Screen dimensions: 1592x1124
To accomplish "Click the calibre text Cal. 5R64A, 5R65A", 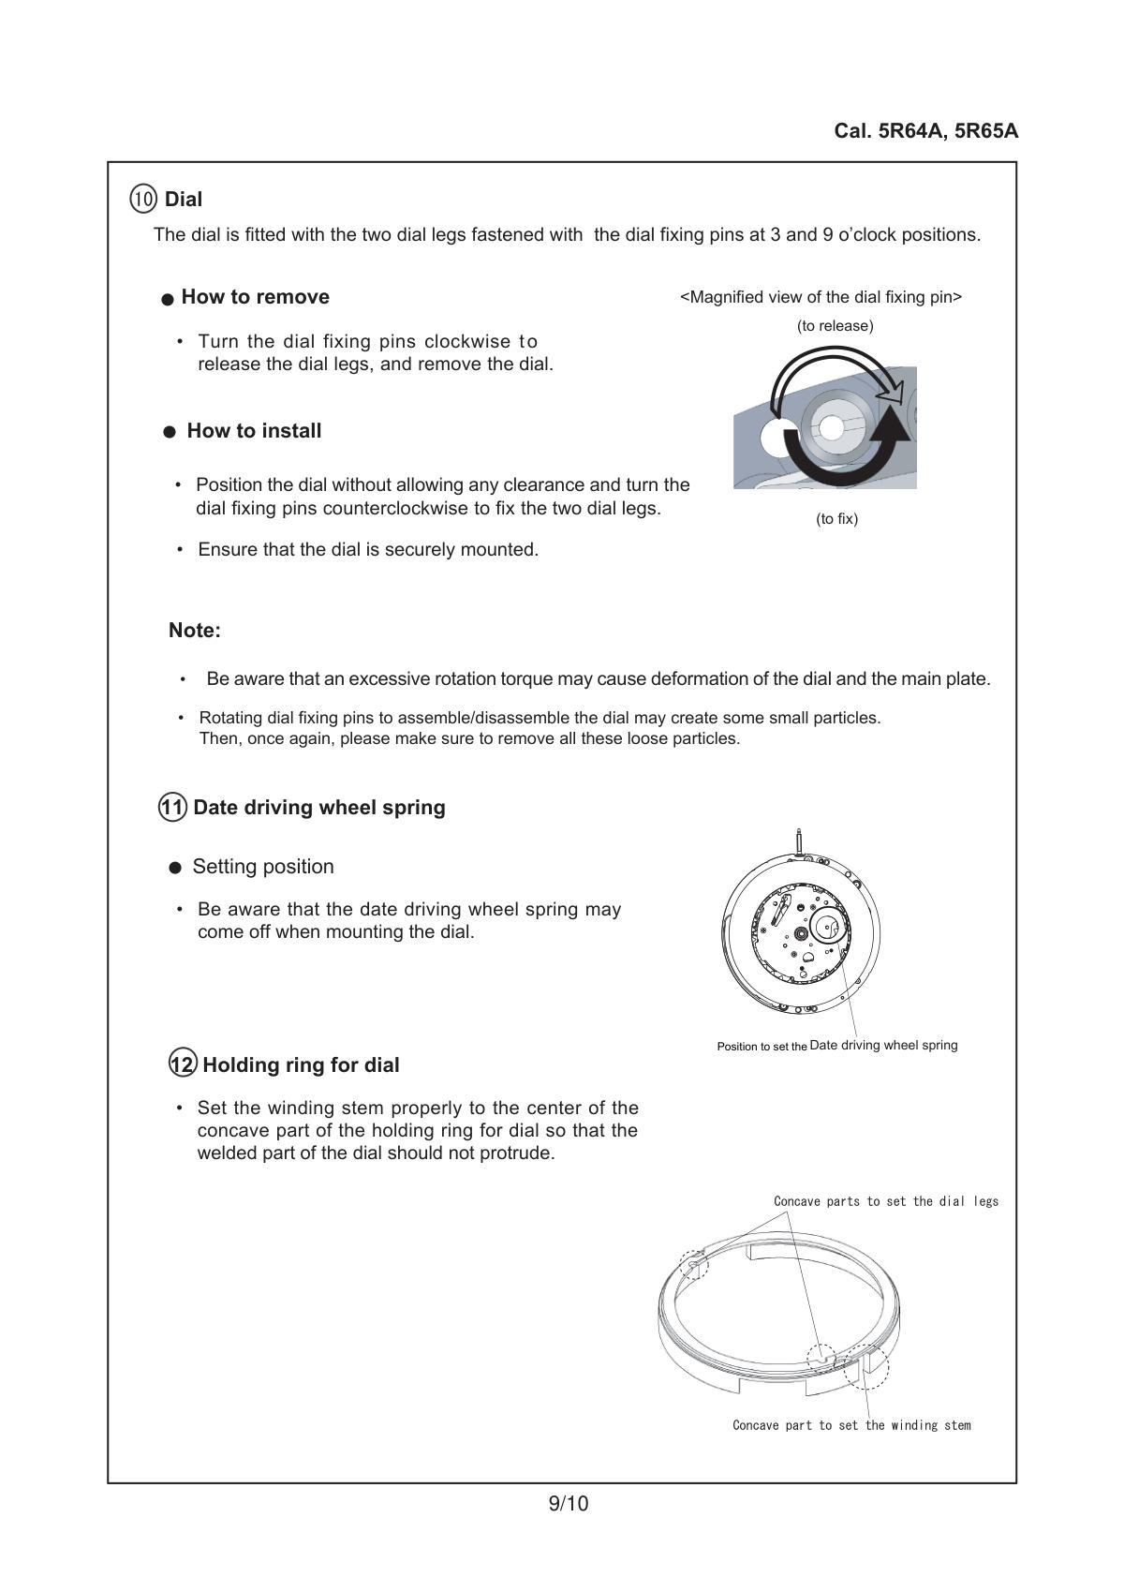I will (x=925, y=131).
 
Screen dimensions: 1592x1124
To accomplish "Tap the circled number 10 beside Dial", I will (x=143, y=199).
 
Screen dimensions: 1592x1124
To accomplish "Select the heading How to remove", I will (x=255, y=297).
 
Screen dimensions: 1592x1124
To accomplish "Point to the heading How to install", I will (x=254, y=431).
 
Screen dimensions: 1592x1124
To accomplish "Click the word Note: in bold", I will (x=194, y=631).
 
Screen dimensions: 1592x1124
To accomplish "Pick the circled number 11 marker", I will (x=172, y=807).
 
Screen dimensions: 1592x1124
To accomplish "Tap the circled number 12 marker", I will (x=183, y=1064).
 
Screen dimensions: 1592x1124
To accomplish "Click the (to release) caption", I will (x=835, y=326).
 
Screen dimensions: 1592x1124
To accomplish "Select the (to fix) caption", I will (x=836, y=519).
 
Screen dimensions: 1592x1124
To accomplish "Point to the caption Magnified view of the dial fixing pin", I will (x=821, y=297).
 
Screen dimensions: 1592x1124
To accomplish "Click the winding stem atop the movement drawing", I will (x=798, y=840).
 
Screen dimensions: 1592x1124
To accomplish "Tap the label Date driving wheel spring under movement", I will (x=883, y=1045).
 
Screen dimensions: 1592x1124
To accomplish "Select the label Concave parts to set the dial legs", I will (x=886, y=1201).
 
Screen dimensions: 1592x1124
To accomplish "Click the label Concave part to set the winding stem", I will (x=851, y=1425).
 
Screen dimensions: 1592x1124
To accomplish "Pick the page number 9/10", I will (x=568, y=1504).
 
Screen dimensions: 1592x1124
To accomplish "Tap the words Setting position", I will (x=263, y=867).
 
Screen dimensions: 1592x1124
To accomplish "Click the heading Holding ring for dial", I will (x=301, y=1065).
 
